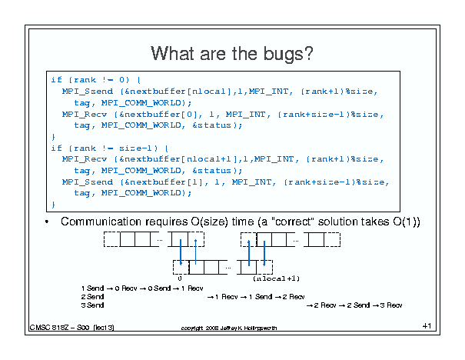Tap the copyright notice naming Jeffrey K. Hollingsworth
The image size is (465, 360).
tap(228, 328)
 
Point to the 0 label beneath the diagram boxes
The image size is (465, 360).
tap(180, 278)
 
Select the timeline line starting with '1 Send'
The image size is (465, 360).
tap(141, 288)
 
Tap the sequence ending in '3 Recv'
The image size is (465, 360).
tap(354, 305)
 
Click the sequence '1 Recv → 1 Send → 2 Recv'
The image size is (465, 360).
tap(256, 296)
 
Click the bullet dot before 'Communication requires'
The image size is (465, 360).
tap(48, 222)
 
